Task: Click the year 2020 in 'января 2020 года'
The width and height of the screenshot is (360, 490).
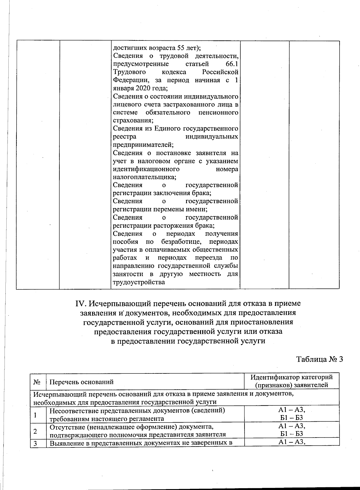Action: click(144, 88)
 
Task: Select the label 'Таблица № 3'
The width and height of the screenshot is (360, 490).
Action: click(319, 359)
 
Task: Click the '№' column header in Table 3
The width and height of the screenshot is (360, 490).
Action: click(37, 382)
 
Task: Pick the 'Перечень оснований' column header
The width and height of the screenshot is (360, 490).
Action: click(81, 382)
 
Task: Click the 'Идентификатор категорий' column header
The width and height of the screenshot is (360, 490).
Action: click(292, 377)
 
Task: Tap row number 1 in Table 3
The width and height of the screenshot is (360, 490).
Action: click(35, 415)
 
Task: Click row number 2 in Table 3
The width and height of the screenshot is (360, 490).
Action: click(35, 431)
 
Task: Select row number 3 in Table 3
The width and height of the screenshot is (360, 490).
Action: click(35, 444)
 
